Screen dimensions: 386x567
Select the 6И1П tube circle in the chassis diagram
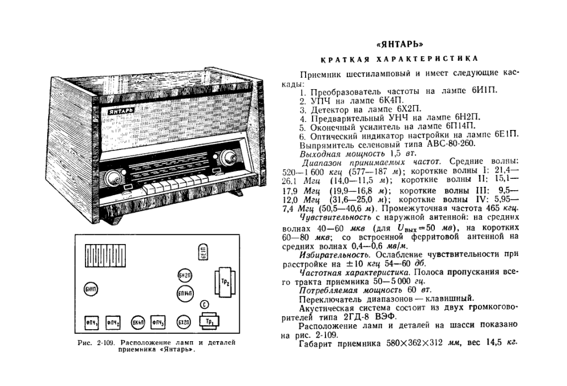click(x=91, y=290)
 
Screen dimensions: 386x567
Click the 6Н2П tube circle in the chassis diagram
click(x=184, y=275)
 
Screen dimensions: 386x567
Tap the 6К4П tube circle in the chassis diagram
click(x=138, y=322)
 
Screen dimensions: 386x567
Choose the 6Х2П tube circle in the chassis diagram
click(x=183, y=322)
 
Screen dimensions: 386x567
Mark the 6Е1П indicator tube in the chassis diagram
click(x=202, y=253)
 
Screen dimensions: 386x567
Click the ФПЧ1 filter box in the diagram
click(x=91, y=322)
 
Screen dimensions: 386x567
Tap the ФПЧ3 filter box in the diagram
click(x=160, y=322)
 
